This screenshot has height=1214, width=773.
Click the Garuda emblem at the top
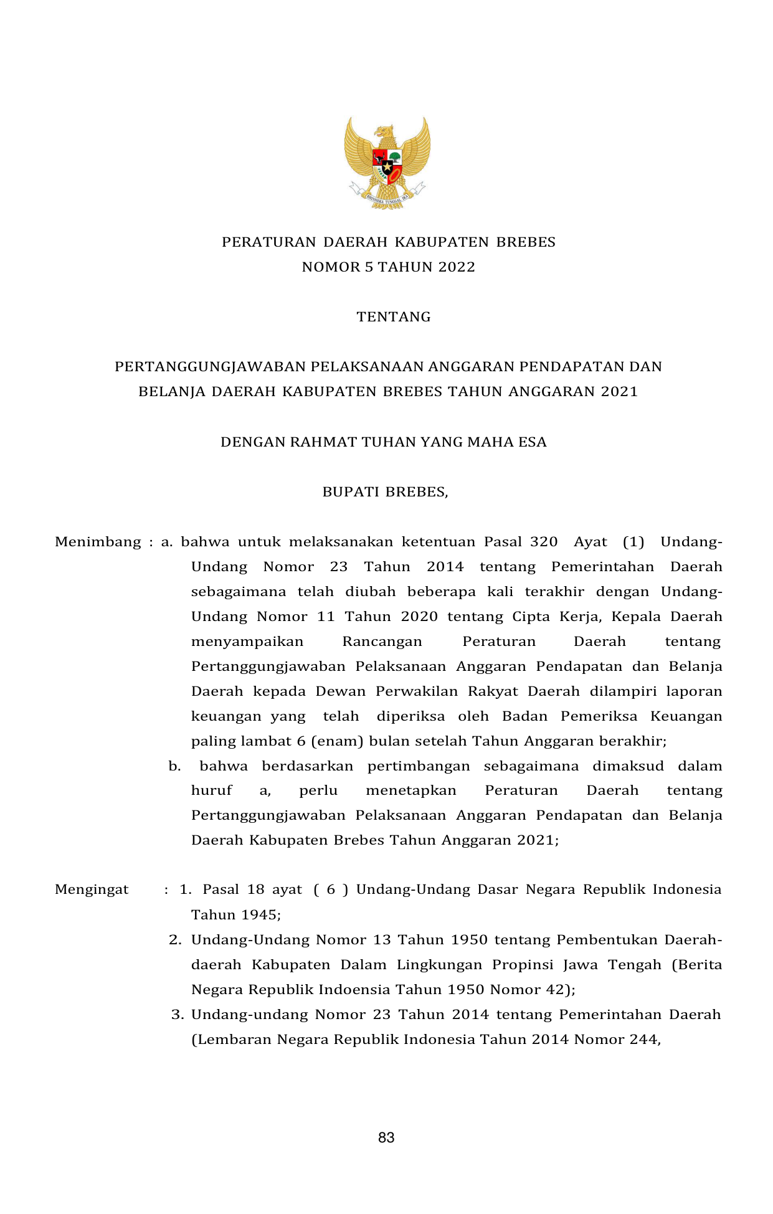tap(387, 163)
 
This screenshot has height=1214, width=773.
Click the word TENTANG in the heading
tap(394, 317)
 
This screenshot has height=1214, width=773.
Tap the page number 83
tap(386, 1137)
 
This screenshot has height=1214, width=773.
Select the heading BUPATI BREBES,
tap(385, 492)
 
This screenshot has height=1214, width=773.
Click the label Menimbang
tap(98, 542)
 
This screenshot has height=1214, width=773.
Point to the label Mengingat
tap(92, 889)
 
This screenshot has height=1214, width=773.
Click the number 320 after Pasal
tap(544, 542)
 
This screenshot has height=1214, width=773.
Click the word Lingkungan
tap(439, 965)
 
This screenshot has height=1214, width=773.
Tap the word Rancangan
tap(382, 642)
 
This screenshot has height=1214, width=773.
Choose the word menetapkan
tap(411, 790)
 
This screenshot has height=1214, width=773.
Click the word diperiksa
tap(411, 716)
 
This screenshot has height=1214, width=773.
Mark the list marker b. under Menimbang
tap(174, 766)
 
